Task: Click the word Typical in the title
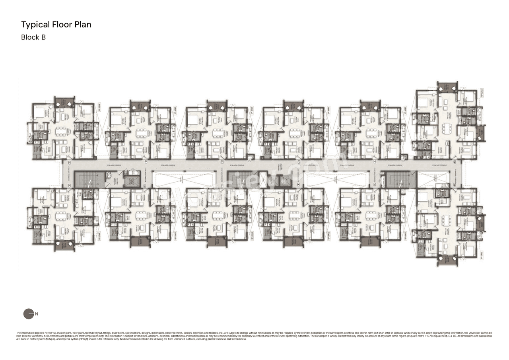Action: (35, 25)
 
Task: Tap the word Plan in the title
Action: (82, 25)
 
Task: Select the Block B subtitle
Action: (33, 37)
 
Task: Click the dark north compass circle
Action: (29, 314)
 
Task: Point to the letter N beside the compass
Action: (37, 314)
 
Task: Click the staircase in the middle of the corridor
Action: (238, 179)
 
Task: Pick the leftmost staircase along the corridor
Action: (89, 179)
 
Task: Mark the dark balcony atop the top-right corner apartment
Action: (447, 88)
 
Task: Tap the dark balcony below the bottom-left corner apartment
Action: (64, 245)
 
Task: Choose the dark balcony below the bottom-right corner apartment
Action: (447, 261)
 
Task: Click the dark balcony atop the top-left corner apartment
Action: (64, 101)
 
